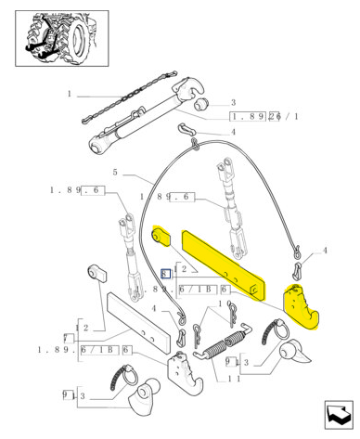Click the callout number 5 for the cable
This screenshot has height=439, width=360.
[116, 173]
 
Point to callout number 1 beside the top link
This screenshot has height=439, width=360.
[69, 95]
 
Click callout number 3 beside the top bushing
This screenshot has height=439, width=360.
[233, 103]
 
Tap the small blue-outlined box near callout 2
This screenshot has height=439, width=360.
[164, 274]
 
